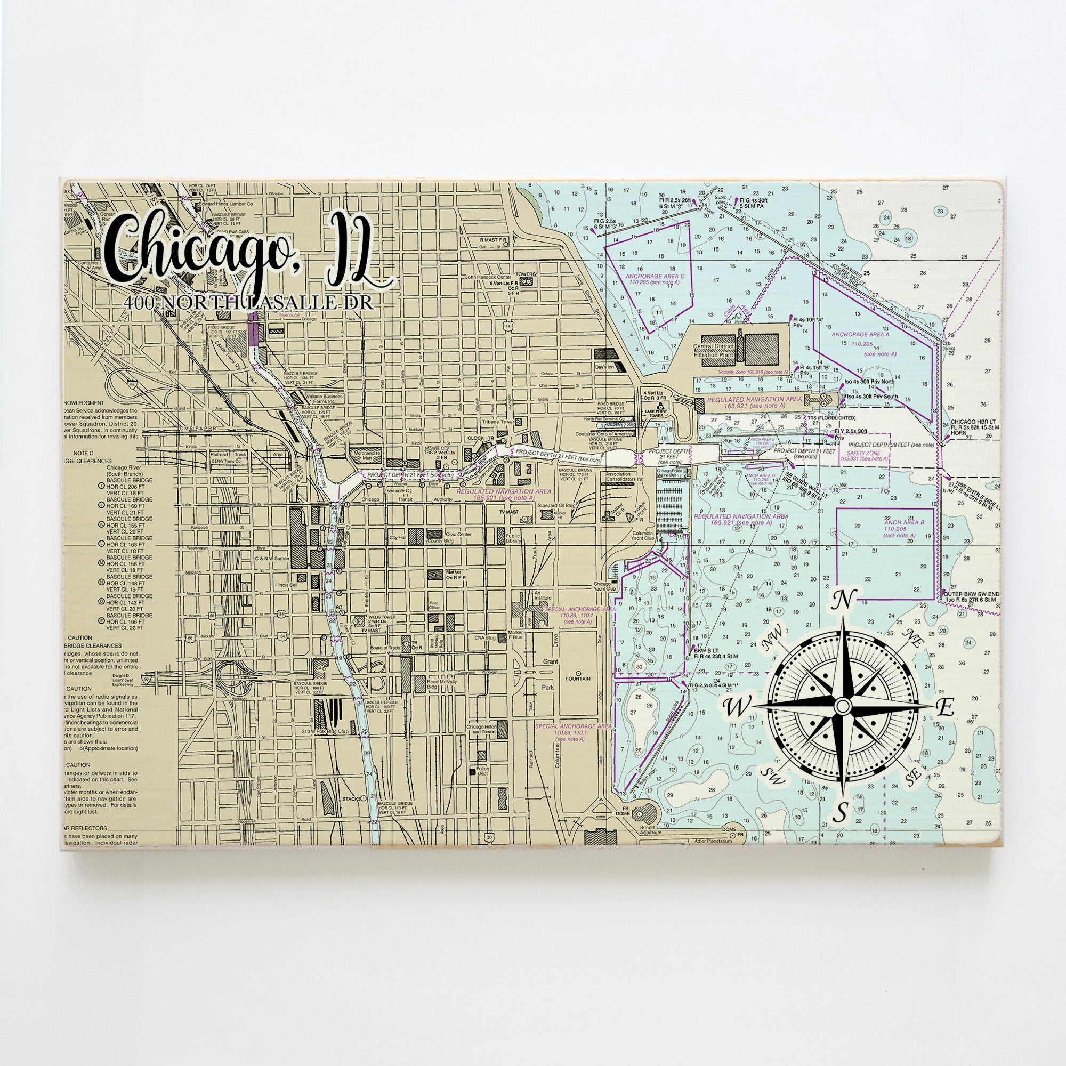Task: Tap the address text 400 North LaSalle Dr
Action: pos(248,302)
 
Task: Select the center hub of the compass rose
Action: pos(842,706)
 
